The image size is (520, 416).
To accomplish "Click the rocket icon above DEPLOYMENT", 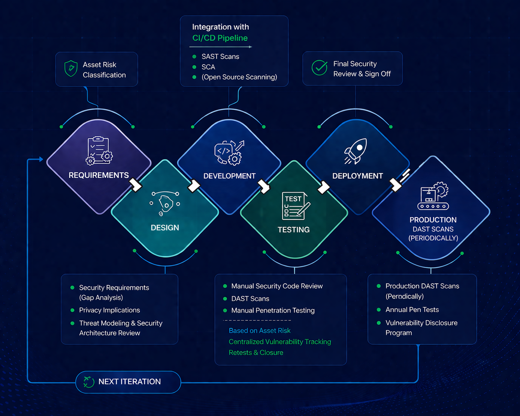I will click(x=356, y=151).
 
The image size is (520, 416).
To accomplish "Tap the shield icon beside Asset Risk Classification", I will click(x=70, y=69).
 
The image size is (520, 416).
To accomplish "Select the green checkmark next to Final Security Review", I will click(x=319, y=68).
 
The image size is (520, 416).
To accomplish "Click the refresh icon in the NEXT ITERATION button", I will click(x=89, y=381).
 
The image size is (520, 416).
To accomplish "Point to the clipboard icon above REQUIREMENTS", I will click(x=99, y=150).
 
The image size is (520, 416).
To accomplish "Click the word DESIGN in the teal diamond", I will click(x=165, y=227).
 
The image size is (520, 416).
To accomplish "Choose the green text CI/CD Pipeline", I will click(x=220, y=38).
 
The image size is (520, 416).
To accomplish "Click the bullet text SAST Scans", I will click(x=220, y=56).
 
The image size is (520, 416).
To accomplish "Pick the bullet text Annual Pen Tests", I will click(x=412, y=309).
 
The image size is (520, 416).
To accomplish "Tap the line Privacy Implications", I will click(x=109, y=310).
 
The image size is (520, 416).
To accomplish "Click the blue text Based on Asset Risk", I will click(x=259, y=330).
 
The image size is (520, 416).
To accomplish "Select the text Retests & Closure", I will click(x=256, y=353).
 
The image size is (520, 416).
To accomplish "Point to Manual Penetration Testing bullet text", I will click(x=273, y=310).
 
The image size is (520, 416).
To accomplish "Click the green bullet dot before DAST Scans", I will click(x=225, y=299).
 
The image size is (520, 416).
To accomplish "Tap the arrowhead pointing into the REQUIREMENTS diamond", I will click(x=41, y=159).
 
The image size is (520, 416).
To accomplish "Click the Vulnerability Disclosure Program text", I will click(x=421, y=328).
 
